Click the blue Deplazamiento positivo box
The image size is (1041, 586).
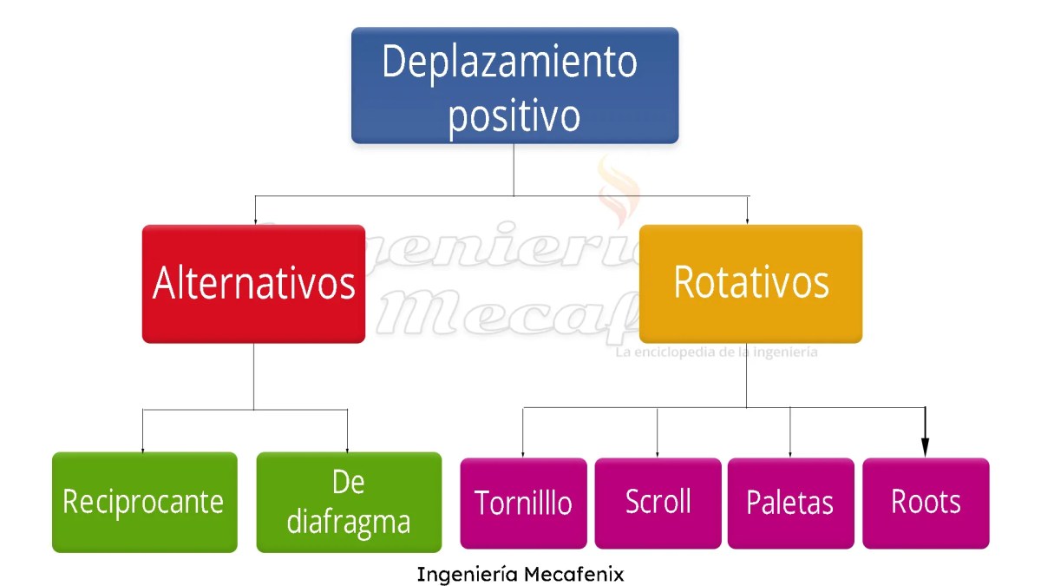tap(514, 85)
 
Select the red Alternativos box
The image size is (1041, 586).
tap(253, 284)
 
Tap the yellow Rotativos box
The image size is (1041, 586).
tap(750, 284)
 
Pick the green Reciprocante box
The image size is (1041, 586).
tap(144, 502)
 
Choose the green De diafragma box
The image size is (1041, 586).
tap(349, 502)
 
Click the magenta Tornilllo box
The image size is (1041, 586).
tap(523, 504)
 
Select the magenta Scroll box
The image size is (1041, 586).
tap(658, 504)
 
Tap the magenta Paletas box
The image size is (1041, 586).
tap(790, 504)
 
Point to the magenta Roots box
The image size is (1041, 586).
tap(926, 504)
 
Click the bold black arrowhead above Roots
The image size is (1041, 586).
tap(925, 447)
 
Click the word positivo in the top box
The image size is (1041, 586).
tap(514, 115)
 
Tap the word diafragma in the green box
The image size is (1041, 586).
tap(349, 521)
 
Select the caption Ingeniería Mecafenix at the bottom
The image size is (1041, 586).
tap(520, 574)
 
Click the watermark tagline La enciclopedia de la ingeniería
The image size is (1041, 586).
tap(716, 352)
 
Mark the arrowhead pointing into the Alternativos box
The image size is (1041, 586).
tap(254, 221)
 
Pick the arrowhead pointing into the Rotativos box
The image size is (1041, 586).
tap(748, 221)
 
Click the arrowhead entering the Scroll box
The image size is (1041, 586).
tap(657, 454)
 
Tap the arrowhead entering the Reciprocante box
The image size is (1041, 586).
tap(143, 449)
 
